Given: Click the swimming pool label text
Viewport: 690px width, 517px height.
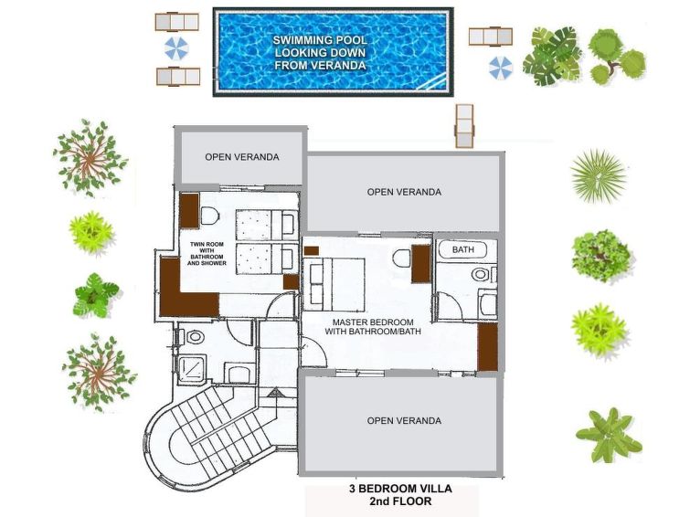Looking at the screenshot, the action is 320,53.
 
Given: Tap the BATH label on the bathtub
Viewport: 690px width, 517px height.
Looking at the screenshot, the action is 463,249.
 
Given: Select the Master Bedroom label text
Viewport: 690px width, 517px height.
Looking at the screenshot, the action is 373,327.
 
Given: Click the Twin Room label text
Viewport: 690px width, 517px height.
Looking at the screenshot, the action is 207,253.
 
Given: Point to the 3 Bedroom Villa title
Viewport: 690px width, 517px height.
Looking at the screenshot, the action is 400,494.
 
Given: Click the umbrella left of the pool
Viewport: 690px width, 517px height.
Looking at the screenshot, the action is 176,48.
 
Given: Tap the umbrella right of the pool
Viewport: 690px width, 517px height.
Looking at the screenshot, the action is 501,68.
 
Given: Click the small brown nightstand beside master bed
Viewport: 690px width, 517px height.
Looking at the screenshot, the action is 311,251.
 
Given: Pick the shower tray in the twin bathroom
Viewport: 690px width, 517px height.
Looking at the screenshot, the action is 191,368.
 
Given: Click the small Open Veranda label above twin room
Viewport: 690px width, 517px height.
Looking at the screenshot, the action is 242,157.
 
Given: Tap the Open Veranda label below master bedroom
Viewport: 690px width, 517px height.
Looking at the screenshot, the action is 404,421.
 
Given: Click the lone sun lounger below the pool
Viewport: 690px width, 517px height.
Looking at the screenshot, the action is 464,126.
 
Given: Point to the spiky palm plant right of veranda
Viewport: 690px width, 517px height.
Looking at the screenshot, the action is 599,175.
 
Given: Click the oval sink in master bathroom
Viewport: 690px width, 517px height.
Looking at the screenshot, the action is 480,275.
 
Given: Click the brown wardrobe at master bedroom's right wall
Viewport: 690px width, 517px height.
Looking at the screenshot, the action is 488,347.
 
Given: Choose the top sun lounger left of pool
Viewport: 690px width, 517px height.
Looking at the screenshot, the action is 177,22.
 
